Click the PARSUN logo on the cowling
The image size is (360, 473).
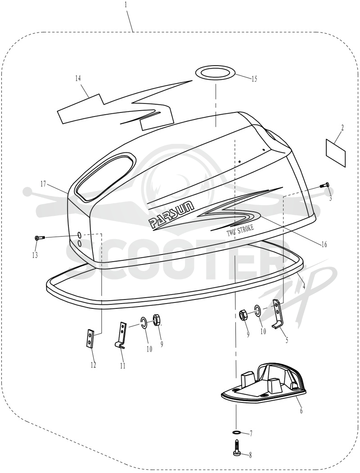tap(172, 215)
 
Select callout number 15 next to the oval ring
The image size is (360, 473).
tap(254, 79)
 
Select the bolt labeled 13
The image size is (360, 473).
tap(40, 238)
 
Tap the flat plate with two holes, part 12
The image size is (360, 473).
tap(90, 339)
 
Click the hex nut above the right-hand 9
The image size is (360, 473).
tap(243, 316)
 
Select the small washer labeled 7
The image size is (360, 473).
tap(237, 433)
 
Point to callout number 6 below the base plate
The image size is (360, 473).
tap(301, 410)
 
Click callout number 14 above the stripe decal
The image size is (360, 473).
tap(78, 78)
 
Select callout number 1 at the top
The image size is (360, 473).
tap(126, 5)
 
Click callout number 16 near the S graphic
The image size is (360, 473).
tap(324, 244)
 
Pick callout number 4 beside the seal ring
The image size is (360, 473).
tap(303, 284)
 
